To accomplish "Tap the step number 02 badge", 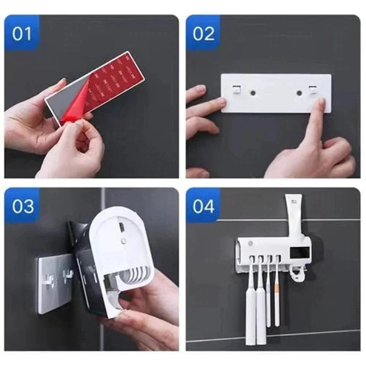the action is pos(203,33).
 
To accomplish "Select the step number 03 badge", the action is pos(22,206).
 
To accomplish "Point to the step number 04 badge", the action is pos(203,206).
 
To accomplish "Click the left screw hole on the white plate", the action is pos(252,93).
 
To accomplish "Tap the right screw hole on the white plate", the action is pos(299,93).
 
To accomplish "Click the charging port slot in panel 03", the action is pos(122,227).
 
